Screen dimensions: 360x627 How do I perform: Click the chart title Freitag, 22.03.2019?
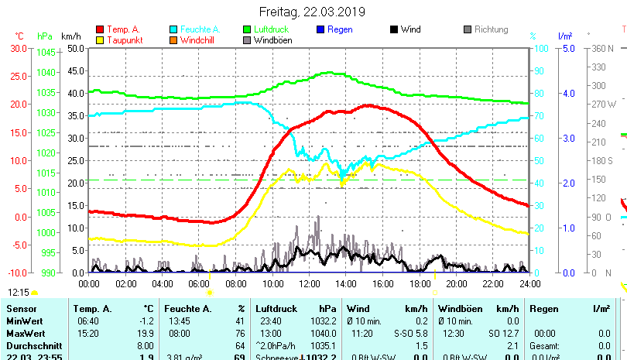tap(313, 12)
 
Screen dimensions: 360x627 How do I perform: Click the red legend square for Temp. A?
tap(99, 30)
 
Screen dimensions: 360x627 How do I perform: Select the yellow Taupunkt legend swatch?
tap(99, 40)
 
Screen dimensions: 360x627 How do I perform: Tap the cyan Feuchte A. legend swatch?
tap(173, 30)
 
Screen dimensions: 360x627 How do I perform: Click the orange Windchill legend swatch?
tap(173, 40)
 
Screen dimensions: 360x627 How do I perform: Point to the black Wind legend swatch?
tap(394, 30)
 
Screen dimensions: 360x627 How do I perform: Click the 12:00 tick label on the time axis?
tap(309, 284)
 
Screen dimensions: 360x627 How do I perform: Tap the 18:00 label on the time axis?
tap(419, 284)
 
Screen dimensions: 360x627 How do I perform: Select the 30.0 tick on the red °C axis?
tap(19, 48)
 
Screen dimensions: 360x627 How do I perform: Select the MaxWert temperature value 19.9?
tap(147, 334)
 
